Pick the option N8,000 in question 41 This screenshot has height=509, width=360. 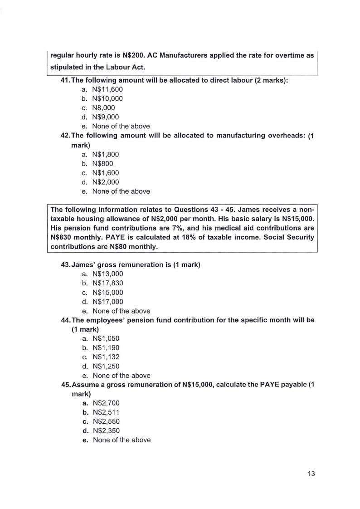(103, 108)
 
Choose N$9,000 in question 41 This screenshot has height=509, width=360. (105, 117)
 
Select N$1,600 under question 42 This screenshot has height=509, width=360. (106, 173)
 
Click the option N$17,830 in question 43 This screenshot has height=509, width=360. (108, 283)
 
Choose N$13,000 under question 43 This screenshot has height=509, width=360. (108, 274)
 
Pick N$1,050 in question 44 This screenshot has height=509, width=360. (106, 338)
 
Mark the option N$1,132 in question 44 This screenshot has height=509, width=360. (106, 357)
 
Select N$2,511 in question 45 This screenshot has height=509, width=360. (106, 412)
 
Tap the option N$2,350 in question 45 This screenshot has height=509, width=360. (106, 431)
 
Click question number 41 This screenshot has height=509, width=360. (66, 80)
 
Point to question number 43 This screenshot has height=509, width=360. (67, 264)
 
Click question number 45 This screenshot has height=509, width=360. (67, 385)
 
